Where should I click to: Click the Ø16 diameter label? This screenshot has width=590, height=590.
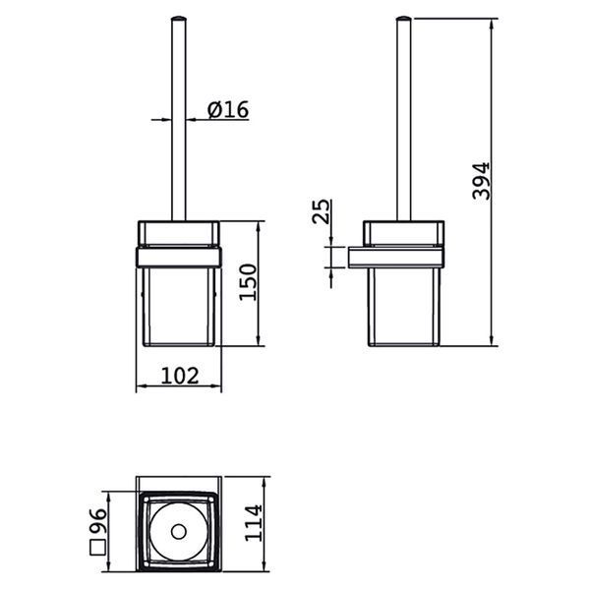[x=228, y=109]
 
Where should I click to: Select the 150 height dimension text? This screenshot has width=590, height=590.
[x=248, y=282]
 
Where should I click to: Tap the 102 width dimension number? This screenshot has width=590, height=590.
[x=180, y=376]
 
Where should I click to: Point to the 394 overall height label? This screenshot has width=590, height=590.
[x=481, y=181]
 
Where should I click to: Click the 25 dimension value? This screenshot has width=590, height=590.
[x=321, y=211]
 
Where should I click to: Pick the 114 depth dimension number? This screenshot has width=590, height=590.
[x=253, y=523]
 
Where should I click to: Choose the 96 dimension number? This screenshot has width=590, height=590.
[x=97, y=521]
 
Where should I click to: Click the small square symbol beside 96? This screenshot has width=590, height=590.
[x=97, y=547]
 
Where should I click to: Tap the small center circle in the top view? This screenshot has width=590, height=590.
[x=179, y=532]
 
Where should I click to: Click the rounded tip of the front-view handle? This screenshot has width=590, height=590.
[x=178, y=18]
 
